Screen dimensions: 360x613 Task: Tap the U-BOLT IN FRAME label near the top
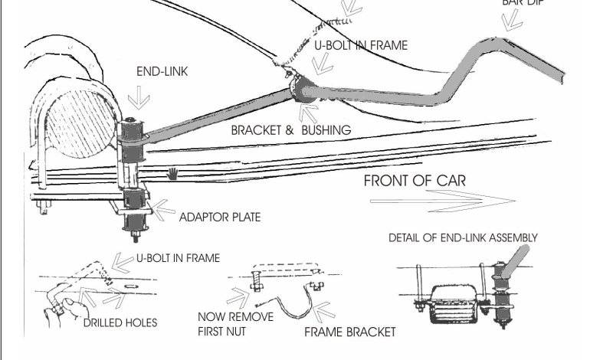[x=361, y=46]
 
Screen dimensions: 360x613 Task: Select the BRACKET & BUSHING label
[x=291, y=130]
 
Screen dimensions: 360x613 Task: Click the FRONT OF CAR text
[x=415, y=182]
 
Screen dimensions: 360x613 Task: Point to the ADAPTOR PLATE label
[x=220, y=218]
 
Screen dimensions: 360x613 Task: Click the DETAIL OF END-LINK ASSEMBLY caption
[x=463, y=237]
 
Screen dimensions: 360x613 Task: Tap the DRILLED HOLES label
[x=120, y=322]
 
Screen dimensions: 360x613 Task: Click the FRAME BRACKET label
[x=350, y=332]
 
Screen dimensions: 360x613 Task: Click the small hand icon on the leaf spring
[x=175, y=172]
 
